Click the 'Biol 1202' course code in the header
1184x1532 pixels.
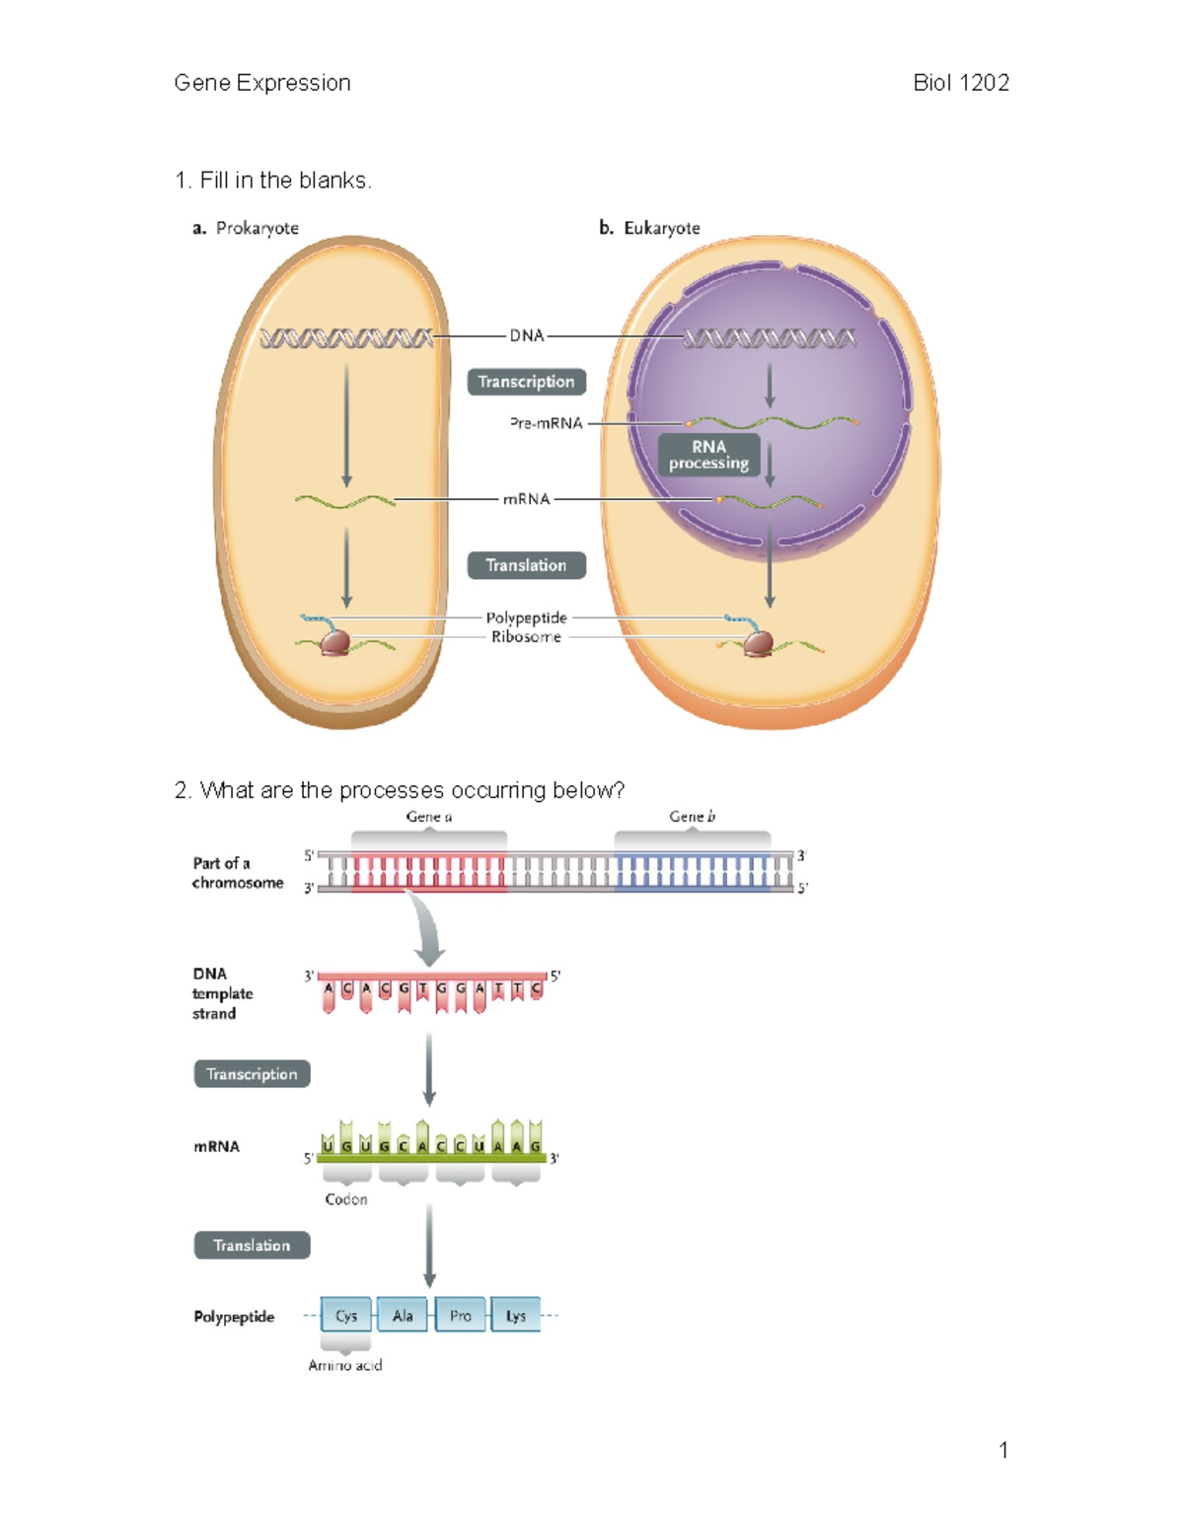click(x=960, y=83)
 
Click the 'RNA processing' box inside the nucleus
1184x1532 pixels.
click(x=708, y=455)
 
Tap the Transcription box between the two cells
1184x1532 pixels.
click(x=526, y=382)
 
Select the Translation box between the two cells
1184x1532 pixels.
click(x=526, y=565)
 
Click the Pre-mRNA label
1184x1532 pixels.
click(x=546, y=423)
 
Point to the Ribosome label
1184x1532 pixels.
click(x=526, y=637)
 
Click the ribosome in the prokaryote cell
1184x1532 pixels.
click(x=335, y=643)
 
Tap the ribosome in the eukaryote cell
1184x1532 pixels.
click(x=759, y=644)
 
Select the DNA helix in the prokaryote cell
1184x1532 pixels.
click(x=345, y=338)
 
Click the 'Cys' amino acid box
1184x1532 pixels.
click(x=346, y=1316)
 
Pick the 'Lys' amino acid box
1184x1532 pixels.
click(x=515, y=1316)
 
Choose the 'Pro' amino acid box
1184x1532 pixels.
click(x=460, y=1316)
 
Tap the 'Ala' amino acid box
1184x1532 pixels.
click(x=403, y=1316)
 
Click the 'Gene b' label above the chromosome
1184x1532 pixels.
click(x=692, y=817)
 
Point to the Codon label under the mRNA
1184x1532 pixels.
click(x=346, y=1200)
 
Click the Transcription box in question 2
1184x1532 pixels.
click(x=252, y=1074)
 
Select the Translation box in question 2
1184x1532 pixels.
click(x=252, y=1246)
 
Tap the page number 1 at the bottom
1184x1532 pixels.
click(x=1003, y=1450)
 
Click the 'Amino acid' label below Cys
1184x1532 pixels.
click(x=345, y=1365)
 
